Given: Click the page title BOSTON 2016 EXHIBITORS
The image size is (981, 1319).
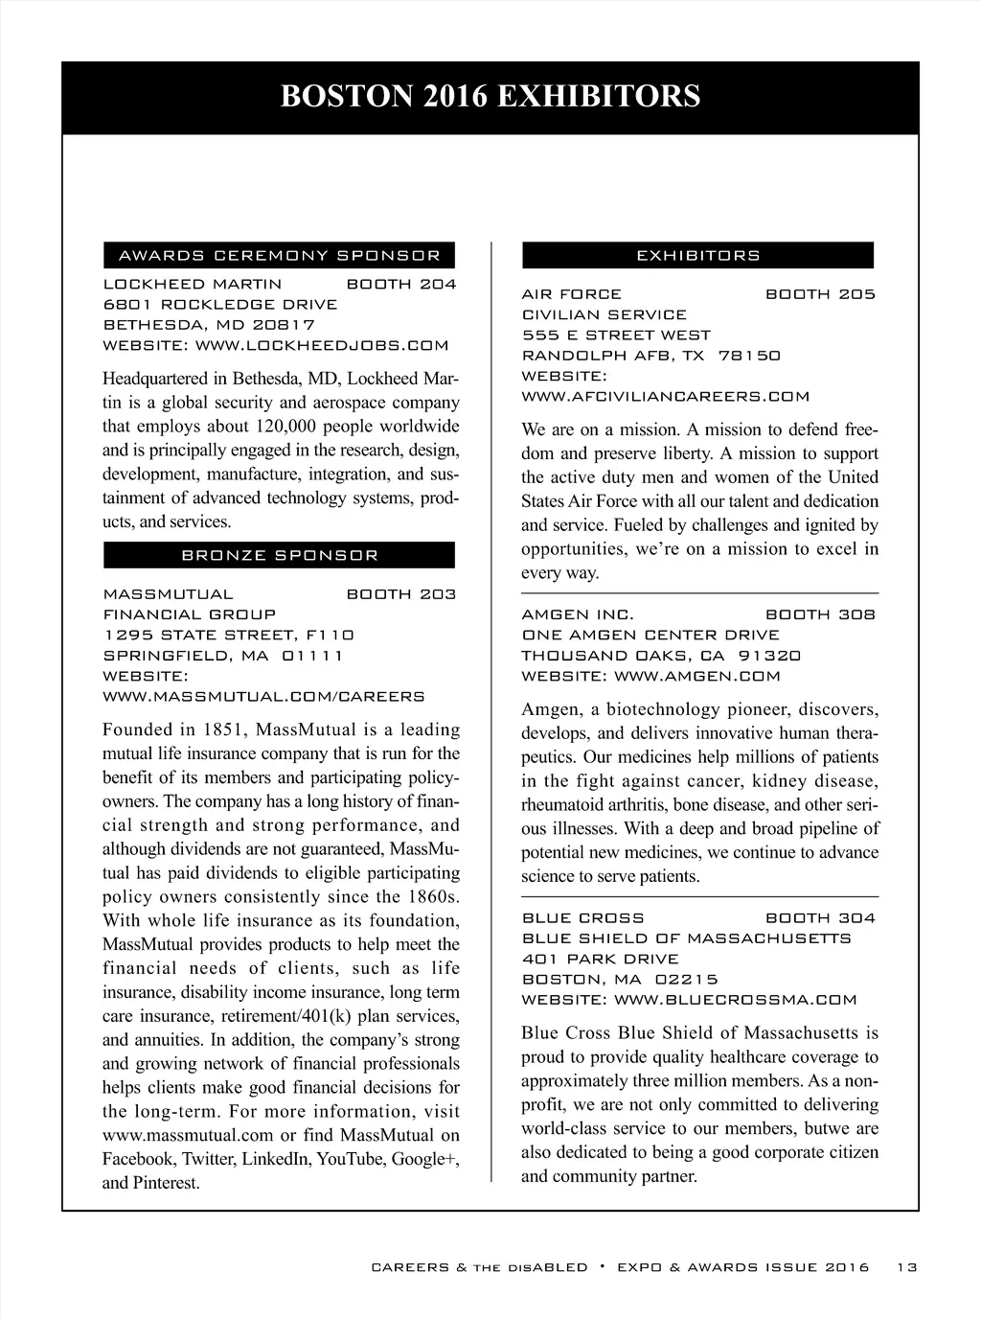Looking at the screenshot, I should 490,97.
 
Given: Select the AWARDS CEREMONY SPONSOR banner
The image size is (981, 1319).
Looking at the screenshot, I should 279,256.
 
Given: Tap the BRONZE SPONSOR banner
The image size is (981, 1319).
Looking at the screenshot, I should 279,556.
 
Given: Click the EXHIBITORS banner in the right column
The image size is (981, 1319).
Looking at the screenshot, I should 697,256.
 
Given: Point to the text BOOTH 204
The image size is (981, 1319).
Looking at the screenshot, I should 400,285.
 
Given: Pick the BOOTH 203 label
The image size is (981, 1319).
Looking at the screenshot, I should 400,594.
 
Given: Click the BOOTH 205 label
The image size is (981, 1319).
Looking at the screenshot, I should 820,294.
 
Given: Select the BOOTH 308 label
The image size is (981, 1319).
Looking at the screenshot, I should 820,614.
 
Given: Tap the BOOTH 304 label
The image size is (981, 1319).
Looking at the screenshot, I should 820,918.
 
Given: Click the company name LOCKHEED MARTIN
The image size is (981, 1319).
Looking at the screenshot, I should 193,285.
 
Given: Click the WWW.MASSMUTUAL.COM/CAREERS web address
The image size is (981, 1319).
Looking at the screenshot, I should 263,696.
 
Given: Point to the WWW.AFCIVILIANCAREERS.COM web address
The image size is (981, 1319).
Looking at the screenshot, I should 665,397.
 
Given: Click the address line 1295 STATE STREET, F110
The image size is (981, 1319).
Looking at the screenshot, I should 228,635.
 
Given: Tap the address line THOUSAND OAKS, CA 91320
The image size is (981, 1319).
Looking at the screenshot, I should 661,656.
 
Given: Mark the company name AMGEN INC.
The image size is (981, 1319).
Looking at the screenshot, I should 578,614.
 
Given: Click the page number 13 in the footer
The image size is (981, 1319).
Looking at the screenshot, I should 906,1267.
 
